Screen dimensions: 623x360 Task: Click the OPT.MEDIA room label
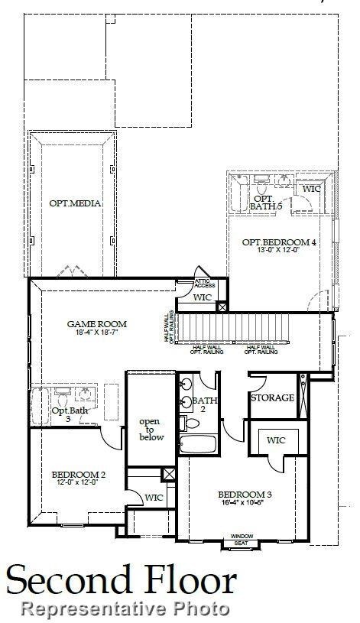(x=75, y=203)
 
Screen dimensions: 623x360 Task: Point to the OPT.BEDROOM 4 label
(x=279, y=242)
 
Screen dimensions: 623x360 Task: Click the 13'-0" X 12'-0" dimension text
(x=279, y=250)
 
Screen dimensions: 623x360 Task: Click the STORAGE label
(x=272, y=398)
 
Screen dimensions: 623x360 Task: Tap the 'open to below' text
(x=149, y=430)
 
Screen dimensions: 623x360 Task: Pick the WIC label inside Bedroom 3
(x=276, y=440)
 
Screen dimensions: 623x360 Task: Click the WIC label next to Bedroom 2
(x=154, y=498)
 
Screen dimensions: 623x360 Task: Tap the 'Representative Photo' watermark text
(x=126, y=608)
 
